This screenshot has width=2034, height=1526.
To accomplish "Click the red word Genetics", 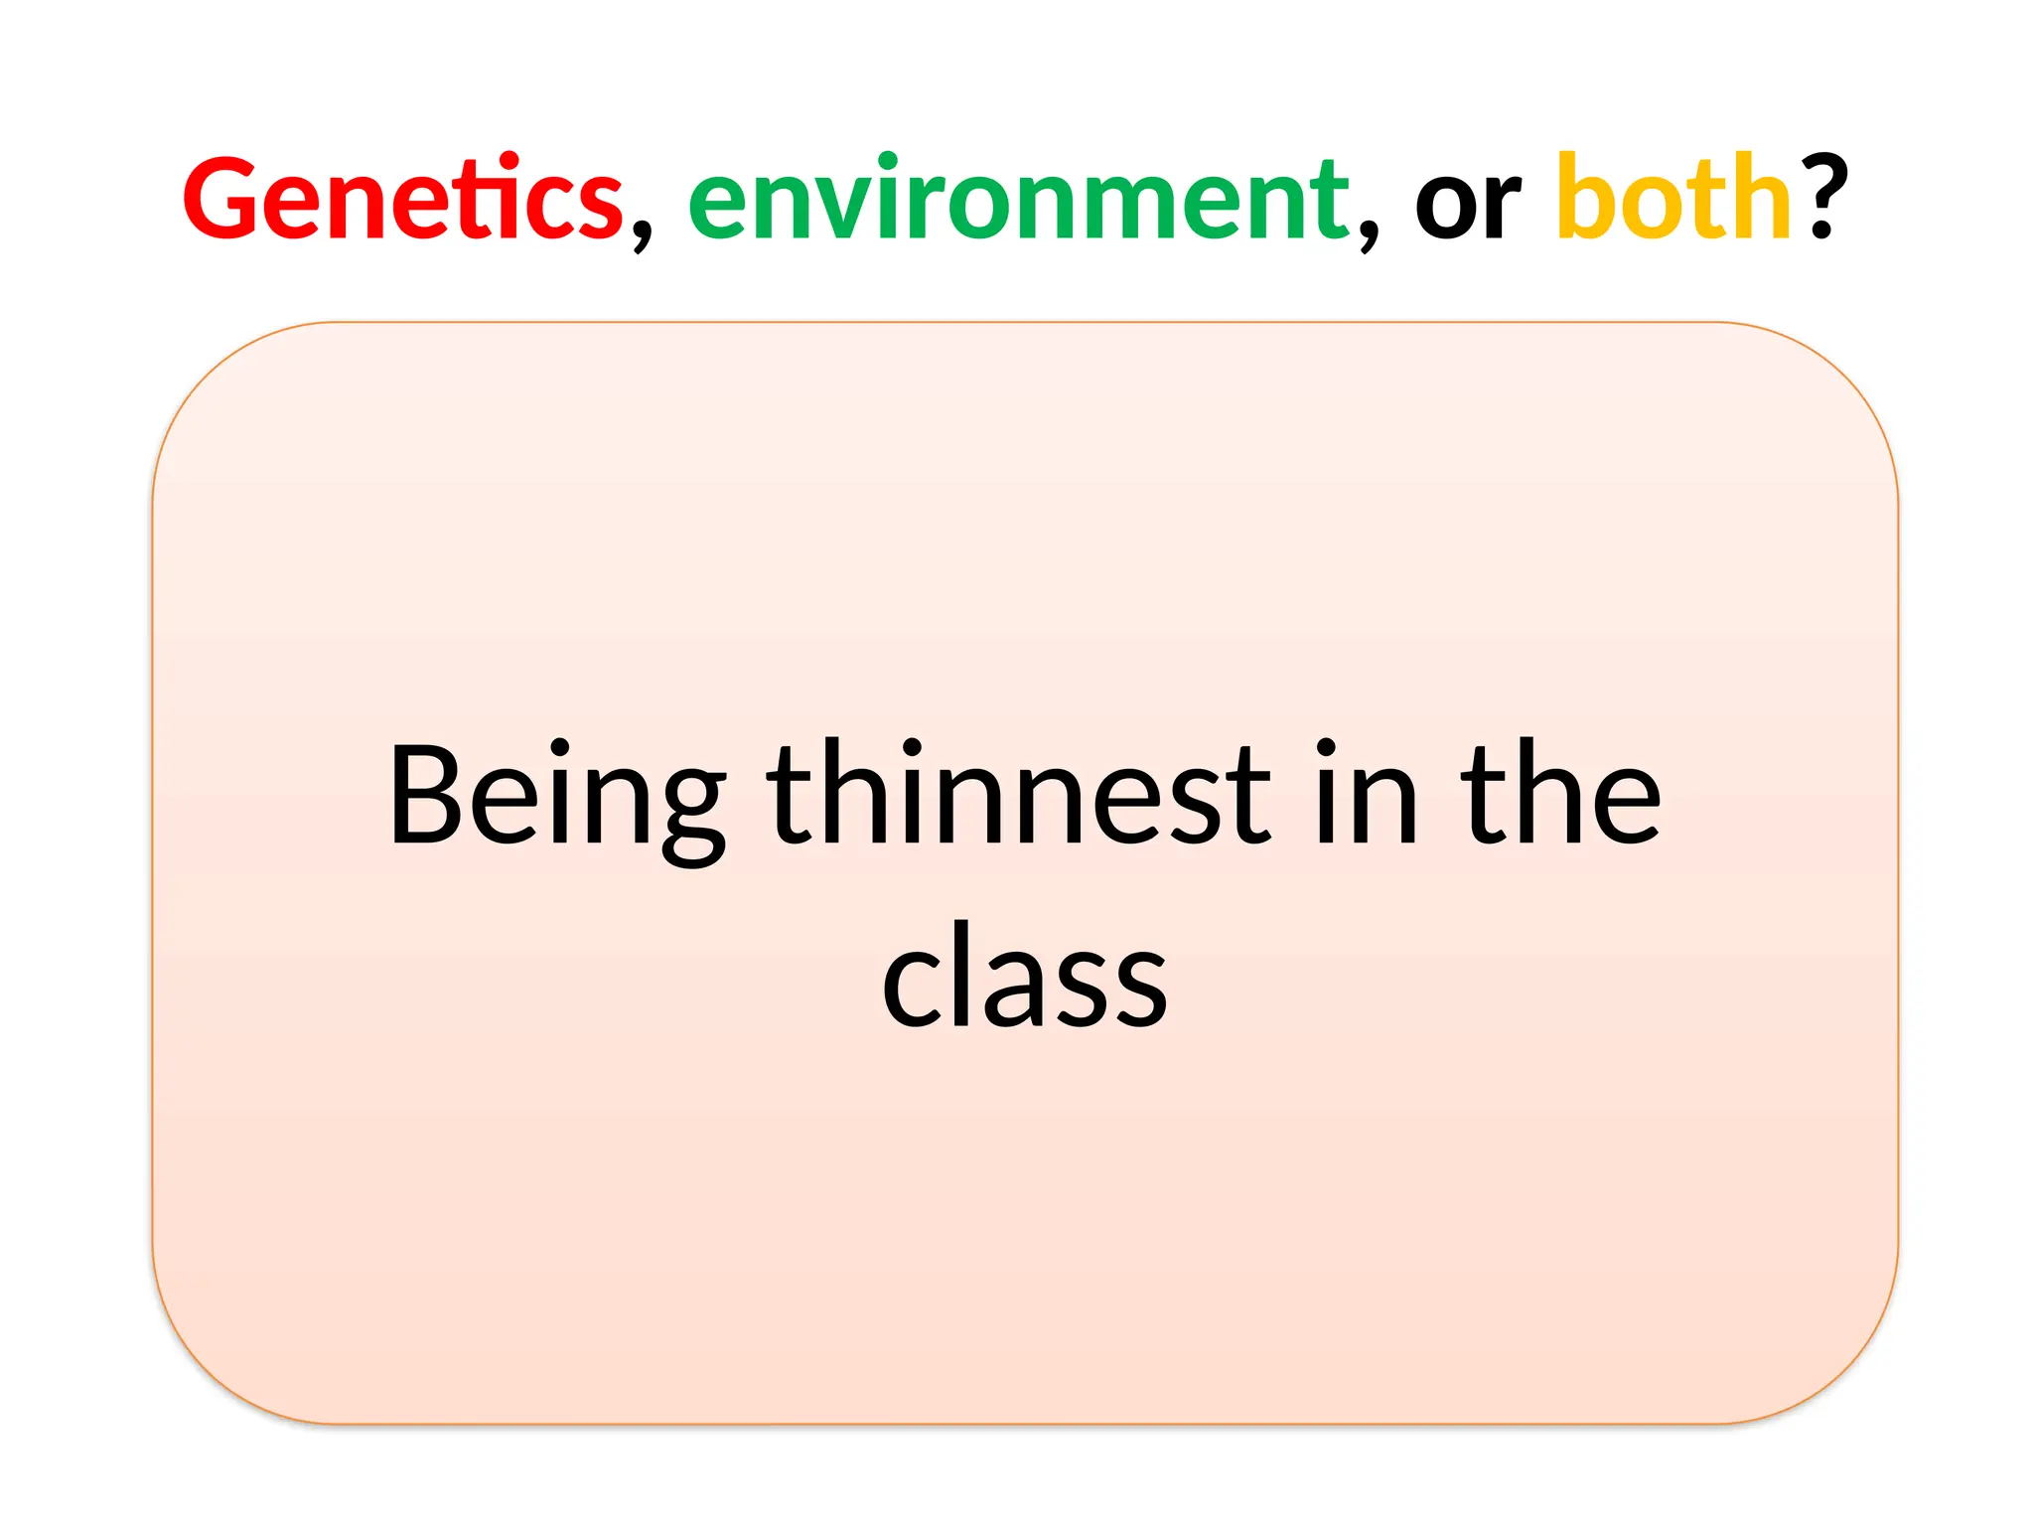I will coord(402,199).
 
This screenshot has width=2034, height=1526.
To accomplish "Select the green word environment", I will coord(1018,199).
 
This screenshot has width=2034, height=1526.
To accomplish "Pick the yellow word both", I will coord(1673,199).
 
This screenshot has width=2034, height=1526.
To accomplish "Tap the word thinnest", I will coord(1018,795).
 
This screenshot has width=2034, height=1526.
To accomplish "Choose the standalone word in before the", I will coord(1366,795).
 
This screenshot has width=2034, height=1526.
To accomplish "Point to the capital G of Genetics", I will coord(220,199).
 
